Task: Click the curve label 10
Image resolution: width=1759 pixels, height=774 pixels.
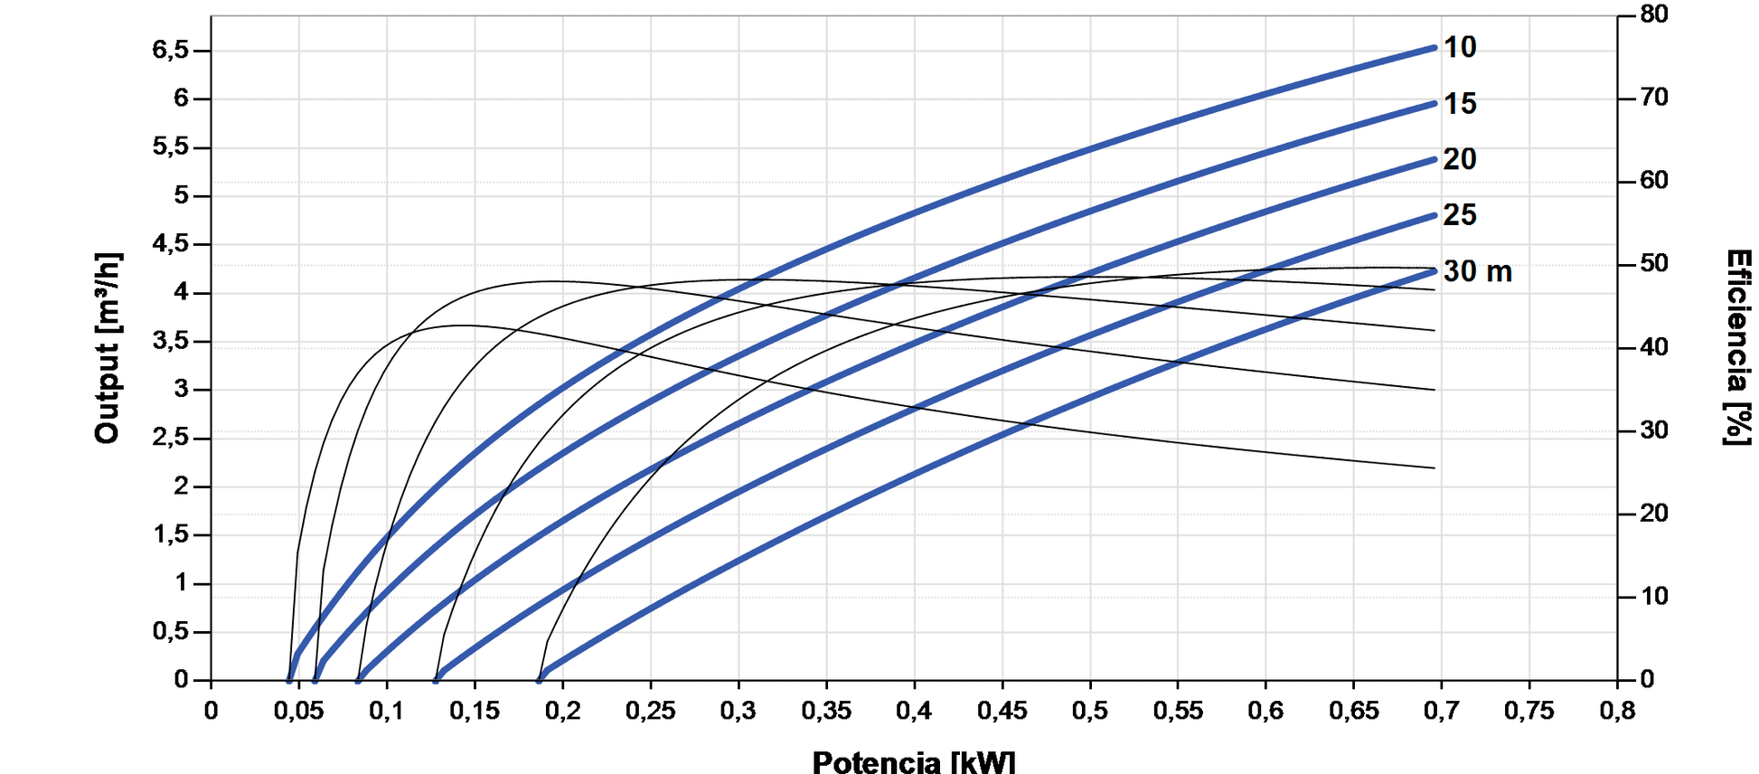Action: tap(1459, 47)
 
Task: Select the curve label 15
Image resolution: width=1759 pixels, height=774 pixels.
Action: tap(1459, 104)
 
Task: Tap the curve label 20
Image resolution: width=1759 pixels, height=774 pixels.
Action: tap(1459, 159)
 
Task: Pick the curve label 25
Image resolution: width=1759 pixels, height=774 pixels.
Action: tap(1459, 215)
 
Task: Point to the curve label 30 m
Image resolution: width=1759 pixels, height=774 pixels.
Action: tap(1477, 271)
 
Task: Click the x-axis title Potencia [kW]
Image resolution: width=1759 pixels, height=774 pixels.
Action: tap(913, 761)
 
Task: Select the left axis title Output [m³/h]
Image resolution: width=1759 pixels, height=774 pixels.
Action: tap(108, 348)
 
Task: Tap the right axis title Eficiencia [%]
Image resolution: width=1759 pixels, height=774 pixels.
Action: tap(1737, 348)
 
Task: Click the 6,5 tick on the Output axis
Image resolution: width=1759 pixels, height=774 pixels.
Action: tap(171, 50)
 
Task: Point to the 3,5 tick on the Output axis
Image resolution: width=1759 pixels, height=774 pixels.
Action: tap(171, 341)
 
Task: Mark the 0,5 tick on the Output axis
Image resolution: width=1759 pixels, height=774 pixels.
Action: tap(171, 631)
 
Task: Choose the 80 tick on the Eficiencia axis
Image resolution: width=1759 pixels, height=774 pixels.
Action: tap(1654, 14)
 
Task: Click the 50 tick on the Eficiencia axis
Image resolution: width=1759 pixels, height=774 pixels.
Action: tap(1654, 264)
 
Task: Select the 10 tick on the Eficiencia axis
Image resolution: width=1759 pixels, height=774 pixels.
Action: tap(1654, 597)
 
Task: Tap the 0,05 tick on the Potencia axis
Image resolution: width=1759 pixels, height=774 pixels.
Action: tap(298, 711)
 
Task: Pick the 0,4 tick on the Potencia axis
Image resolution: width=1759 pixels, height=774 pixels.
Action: tap(914, 711)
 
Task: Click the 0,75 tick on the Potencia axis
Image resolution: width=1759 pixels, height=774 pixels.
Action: tap(1529, 711)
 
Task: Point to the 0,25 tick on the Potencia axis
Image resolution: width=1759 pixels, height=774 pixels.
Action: tap(650, 711)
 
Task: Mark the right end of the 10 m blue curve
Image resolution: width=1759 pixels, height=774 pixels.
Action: tap(1434, 48)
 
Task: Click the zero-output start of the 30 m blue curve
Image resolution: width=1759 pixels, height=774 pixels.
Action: tap(540, 680)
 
